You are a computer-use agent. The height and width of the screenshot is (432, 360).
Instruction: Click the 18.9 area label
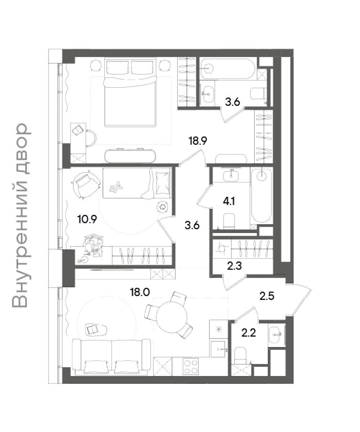tap(198, 141)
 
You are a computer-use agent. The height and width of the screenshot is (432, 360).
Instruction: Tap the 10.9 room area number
tap(87, 219)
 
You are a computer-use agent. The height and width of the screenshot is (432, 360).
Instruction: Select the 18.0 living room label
tap(140, 292)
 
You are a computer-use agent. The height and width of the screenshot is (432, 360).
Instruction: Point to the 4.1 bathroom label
tap(229, 201)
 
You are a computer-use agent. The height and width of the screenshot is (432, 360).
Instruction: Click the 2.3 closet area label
tap(234, 266)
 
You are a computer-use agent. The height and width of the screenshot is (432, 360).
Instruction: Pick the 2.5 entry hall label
tap(267, 296)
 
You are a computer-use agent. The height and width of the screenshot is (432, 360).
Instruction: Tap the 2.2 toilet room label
tap(249, 333)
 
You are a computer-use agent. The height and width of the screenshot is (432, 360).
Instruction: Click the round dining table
tap(172, 317)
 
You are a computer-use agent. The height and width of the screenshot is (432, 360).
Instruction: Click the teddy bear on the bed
tap(116, 187)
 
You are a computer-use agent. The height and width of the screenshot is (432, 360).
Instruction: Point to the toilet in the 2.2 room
tap(240, 356)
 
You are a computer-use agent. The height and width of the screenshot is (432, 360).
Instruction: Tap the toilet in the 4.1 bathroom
tap(229, 221)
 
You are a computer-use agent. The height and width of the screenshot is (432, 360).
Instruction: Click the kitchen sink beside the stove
tap(218, 349)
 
